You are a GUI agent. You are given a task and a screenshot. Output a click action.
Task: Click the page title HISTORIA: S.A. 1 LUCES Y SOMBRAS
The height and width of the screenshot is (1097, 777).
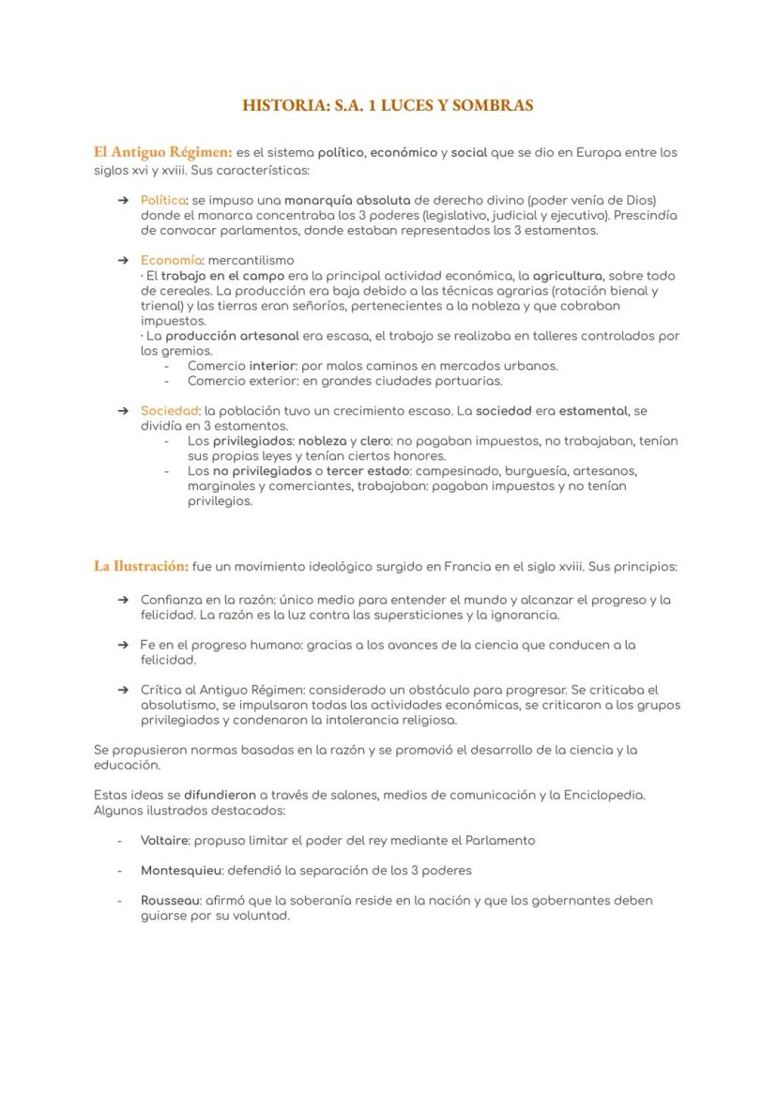tap(388, 105)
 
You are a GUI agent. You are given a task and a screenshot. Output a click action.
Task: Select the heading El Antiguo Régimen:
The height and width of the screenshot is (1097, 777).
tap(162, 151)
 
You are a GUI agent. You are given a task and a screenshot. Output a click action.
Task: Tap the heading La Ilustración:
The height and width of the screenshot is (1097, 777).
tap(141, 566)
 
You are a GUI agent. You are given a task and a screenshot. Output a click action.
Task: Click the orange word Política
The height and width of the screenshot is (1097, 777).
tap(163, 200)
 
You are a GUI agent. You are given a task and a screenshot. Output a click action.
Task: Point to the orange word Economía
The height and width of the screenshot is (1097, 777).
tap(171, 260)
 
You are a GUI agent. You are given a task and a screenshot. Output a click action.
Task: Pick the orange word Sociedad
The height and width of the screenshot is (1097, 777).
tap(170, 410)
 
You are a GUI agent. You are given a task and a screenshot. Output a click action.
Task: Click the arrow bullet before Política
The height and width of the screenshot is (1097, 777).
tap(123, 200)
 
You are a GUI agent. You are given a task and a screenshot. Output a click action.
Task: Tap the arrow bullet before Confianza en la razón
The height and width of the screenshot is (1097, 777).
tap(123, 600)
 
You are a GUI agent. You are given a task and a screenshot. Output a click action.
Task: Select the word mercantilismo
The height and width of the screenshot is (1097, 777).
tap(251, 260)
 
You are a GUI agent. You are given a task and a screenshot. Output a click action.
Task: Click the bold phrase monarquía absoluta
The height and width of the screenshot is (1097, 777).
tap(347, 200)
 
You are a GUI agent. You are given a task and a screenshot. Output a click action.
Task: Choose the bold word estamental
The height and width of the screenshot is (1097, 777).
tap(594, 410)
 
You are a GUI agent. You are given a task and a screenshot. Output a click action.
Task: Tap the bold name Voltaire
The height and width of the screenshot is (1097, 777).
tap(164, 840)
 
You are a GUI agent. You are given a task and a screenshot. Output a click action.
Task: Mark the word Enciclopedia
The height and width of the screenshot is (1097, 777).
tap(603, 795)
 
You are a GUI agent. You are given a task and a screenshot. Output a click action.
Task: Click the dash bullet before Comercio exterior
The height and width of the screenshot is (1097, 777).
tap(167, 381)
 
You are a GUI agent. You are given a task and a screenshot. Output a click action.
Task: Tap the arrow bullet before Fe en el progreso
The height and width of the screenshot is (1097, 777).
tap(123, 645)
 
